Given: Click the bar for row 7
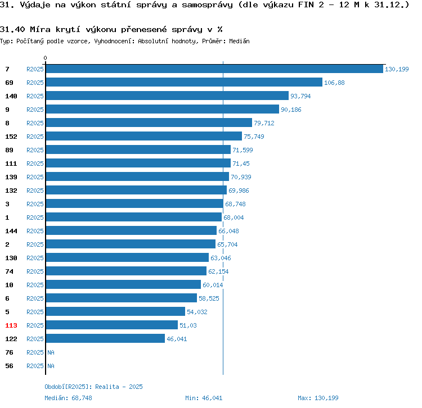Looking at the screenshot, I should [x=214, y=69].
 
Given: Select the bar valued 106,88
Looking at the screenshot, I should [x=183, y=82].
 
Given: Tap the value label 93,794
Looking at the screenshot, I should [x=300, y=96].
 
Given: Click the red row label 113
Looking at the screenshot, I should [x=11, y=325].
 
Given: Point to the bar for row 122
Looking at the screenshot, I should [x=105, y=339].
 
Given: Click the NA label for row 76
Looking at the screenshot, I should [x=51, y=352].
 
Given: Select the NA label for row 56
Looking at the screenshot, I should [x=51, y=366].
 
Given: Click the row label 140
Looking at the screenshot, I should [x=11, y=96].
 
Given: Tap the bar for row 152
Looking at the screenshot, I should [x=143, y=137].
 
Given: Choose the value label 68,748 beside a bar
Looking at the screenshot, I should [x=235, y=204].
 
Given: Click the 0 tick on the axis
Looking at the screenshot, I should [x=46, y=58].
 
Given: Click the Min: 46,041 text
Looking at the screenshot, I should [x=204, y=398].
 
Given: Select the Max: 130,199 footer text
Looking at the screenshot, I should [x=318, y=398].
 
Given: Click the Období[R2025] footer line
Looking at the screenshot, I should [x=93, y=387].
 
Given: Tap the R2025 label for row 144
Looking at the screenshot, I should [x=35, y=231].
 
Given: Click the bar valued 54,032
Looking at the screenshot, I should [x=115, y=312].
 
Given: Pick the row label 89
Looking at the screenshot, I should [x=9, y=150].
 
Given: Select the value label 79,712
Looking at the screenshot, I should [x=264, y=123].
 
